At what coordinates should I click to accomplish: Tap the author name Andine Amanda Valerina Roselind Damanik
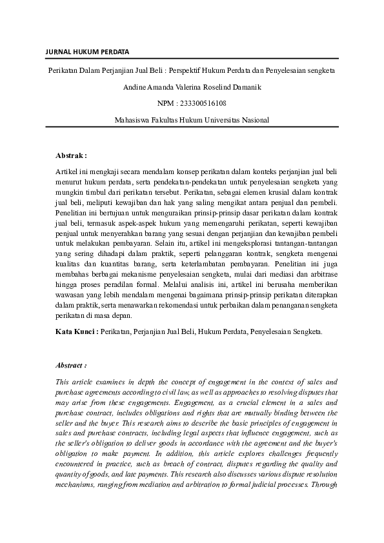pyautogui.click(x=192, y=86)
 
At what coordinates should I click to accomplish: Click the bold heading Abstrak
pyautogui.click(x=71, y=155)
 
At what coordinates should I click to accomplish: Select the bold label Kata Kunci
pyautogui.click(x=76, y=331)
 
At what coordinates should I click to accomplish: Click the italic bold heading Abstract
pyautogui.click(x=71, y=364)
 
